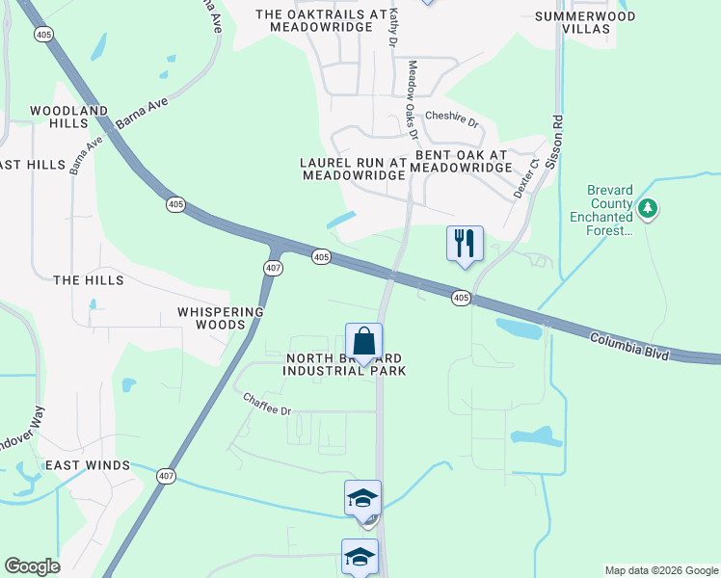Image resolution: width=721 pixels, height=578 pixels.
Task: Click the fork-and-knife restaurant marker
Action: point(465,244)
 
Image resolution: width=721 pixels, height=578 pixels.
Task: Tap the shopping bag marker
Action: point(363,342)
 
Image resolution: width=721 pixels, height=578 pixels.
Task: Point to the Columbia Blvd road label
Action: point(629,347)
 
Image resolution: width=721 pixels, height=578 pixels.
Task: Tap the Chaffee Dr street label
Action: point(267,403)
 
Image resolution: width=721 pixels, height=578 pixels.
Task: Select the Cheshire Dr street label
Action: point(452,118)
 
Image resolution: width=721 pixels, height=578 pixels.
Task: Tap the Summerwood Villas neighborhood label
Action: point(585,23)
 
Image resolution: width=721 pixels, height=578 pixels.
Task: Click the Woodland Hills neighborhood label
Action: point(68,118)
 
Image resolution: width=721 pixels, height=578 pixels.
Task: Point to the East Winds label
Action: point(88,465)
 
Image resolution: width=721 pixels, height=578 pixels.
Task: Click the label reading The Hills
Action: point(89,279)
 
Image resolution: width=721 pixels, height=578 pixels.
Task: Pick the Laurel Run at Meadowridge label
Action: point(353,170)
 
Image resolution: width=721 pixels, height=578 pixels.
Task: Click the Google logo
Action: point(32,566)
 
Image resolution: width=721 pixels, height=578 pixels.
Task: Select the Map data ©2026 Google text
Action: point(660,570)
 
